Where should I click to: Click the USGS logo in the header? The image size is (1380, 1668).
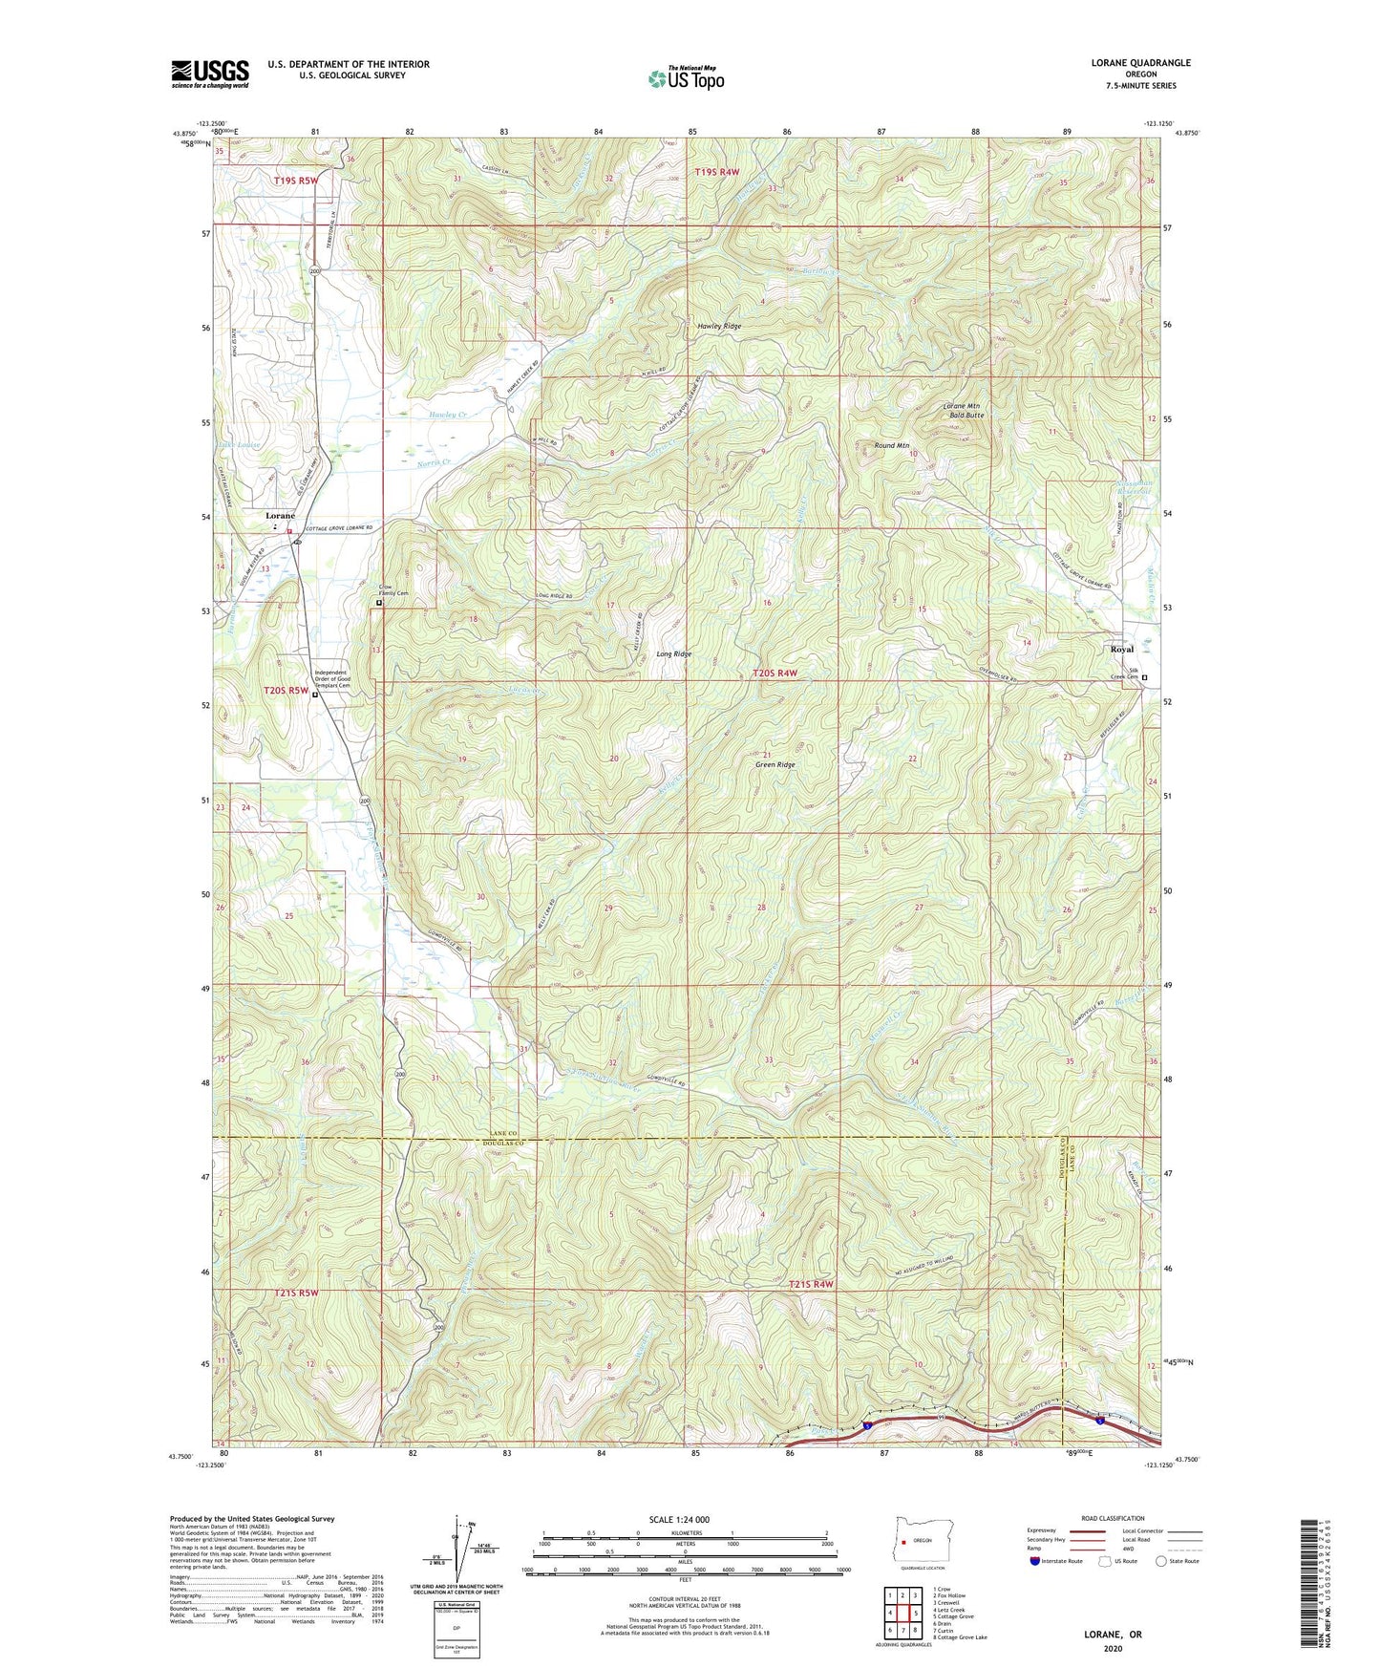pos(210,74)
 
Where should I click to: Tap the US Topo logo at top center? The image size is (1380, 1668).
pos(685,78)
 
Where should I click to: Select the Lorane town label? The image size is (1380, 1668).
pos(280,516)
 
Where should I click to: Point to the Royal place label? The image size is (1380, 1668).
pos(1121,650)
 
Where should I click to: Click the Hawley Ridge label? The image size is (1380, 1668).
pos(719,326)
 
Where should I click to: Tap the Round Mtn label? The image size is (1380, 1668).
pos(891,445)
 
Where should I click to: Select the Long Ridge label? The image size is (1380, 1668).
pos(673,654)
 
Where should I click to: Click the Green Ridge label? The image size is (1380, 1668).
pos(775,765)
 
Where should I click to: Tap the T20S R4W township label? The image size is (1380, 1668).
pos(775,674)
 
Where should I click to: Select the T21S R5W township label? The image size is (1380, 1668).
pos(295,1294)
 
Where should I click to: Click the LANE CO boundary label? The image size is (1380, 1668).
pos(503,1132)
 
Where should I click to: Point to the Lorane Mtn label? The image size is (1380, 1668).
pos(961,406)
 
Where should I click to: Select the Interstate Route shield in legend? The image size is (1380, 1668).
pos(1036,1561)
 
